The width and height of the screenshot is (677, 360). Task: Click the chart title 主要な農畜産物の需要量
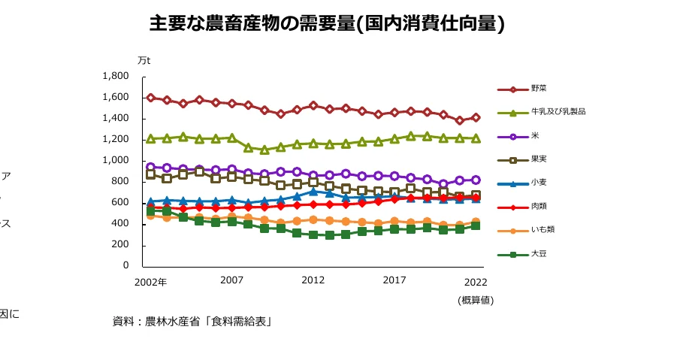[327, 24]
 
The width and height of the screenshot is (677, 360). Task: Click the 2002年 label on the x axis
[150, 282]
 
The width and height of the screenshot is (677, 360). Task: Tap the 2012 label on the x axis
[313, 280]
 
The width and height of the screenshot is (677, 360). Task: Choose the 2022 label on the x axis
[475, 282]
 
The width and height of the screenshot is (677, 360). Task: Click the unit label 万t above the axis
[144, 60]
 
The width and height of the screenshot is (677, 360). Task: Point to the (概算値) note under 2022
[475, 300]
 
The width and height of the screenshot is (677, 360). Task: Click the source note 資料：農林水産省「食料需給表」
[192, 321]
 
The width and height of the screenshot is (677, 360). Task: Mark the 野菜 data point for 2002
[151, 98]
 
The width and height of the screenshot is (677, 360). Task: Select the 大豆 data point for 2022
[476, 225]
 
